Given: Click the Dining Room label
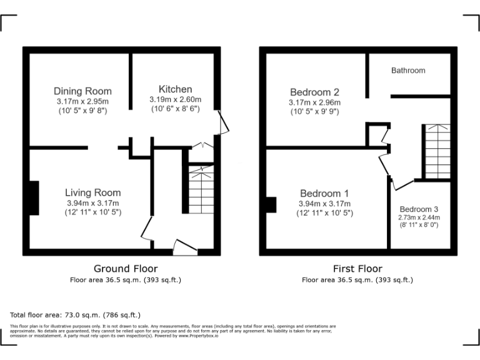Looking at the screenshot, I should [82, 91].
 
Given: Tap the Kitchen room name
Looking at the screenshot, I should [175, 89].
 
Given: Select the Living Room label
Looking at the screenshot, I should [92, 192].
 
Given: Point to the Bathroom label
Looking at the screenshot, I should [408, 71].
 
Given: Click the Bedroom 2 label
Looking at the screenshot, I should [314, 92].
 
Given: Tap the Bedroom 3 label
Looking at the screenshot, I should [419, 209].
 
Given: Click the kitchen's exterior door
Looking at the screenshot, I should [222, 121].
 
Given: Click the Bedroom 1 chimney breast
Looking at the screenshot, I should [271, 205].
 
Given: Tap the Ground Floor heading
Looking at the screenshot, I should [125, 269].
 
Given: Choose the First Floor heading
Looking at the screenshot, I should [357, 269].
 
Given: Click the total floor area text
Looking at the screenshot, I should [76, 314].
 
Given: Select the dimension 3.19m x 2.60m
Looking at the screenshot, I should [175, 99].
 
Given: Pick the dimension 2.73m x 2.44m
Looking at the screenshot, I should [419, 217].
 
